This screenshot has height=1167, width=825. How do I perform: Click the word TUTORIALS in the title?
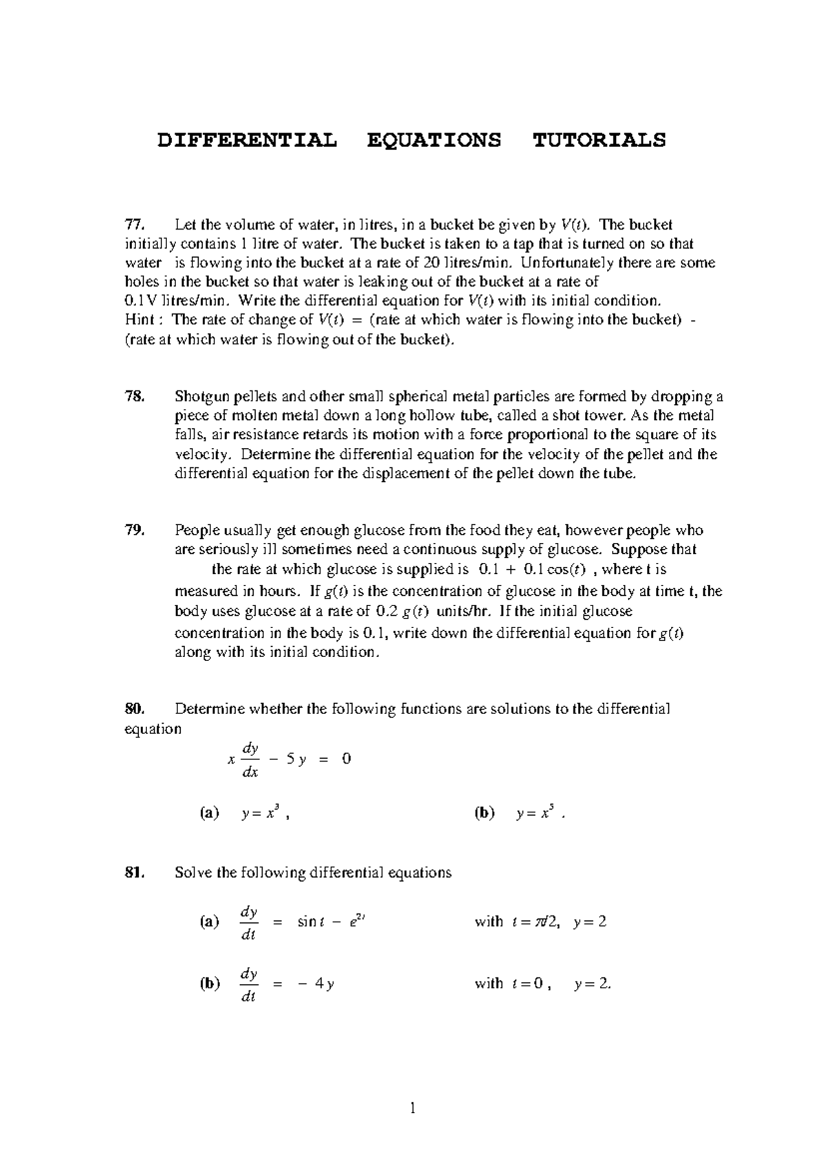coord(599,140)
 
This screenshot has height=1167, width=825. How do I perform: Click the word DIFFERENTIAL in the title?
coord(247,140)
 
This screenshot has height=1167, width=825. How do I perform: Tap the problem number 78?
coord(134,396)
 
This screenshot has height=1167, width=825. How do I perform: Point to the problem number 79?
coord(134,530)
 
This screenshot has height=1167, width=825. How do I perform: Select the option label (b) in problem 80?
coord(484,813)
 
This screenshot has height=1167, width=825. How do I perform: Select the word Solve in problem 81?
coord(193,872)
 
